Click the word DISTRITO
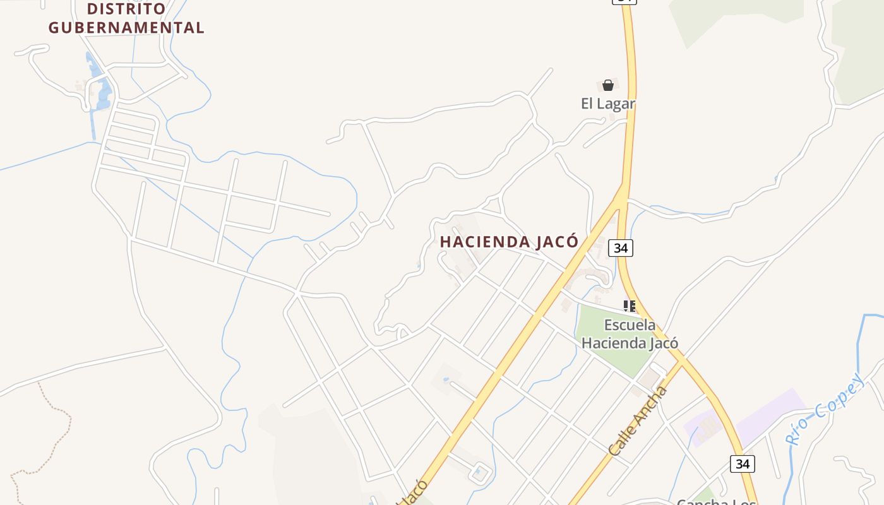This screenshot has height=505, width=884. coord(126,9)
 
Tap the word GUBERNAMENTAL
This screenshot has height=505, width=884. coord(126,28)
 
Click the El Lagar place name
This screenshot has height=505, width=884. coord(607,104)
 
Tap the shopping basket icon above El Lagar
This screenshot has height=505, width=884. coord(608,85)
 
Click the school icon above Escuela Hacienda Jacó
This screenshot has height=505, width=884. coord(630,306)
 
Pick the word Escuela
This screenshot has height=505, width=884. coord(630,325)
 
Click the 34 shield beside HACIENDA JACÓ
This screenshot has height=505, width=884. coord(621,248)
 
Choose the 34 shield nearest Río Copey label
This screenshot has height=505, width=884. coord(743,464)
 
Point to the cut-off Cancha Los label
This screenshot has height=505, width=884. coord(716,501)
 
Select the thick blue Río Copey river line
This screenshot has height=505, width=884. coord(859,341)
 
